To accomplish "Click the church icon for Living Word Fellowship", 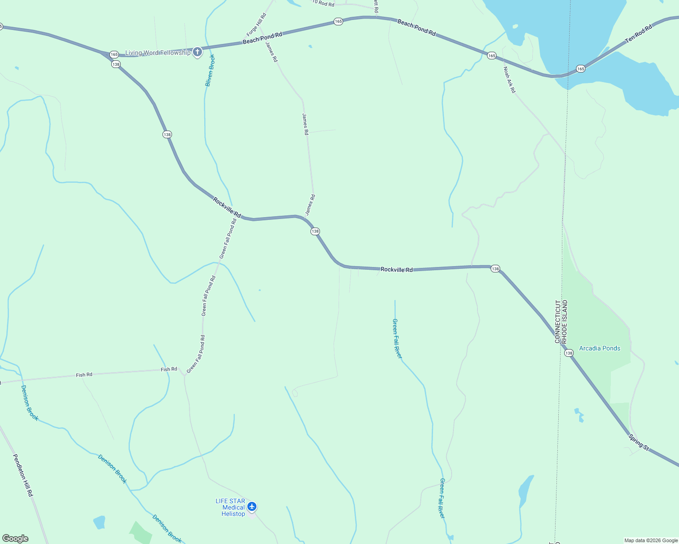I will (197, 52).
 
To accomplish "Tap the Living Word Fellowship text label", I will (157, 53).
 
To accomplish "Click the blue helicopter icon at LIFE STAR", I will (252, 506).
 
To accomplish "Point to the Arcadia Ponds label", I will (600, 348).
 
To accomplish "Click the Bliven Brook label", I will (209, 70).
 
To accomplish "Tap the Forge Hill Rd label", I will (256, 24).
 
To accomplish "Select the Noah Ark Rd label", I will (509, 80).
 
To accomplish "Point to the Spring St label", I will (639, 442).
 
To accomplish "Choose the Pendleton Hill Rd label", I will (23, 475).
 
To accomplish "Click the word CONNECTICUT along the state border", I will (557, 321).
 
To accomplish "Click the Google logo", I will (15, 539).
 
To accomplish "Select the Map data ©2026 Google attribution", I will (651, 540).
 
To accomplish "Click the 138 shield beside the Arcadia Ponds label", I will (569, 353).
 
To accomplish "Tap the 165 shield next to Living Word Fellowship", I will (114, 54).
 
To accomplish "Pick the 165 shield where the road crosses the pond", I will (581, 68).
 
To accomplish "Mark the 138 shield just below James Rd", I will (315, 231).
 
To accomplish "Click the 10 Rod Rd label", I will (323, 4).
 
